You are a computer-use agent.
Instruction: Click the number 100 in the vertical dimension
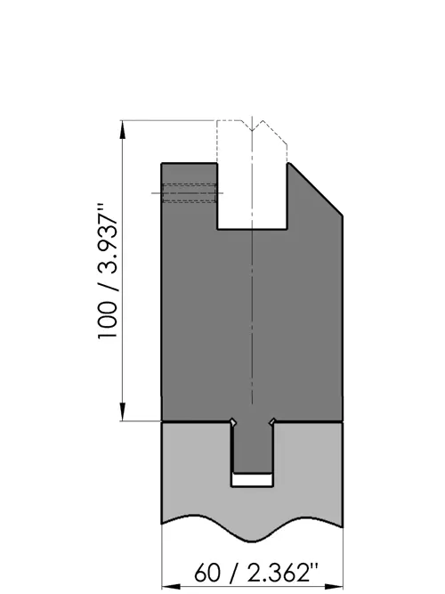[108, 320]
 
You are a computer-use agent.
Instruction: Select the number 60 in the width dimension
[207, 572]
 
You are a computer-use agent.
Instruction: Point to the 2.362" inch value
[283, 572]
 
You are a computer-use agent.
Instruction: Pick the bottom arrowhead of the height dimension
[123, 411]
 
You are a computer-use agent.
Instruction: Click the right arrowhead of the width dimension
[334, 587]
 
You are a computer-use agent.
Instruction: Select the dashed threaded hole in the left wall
[190, 193]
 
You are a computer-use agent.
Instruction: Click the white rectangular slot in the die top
[252, 196]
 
